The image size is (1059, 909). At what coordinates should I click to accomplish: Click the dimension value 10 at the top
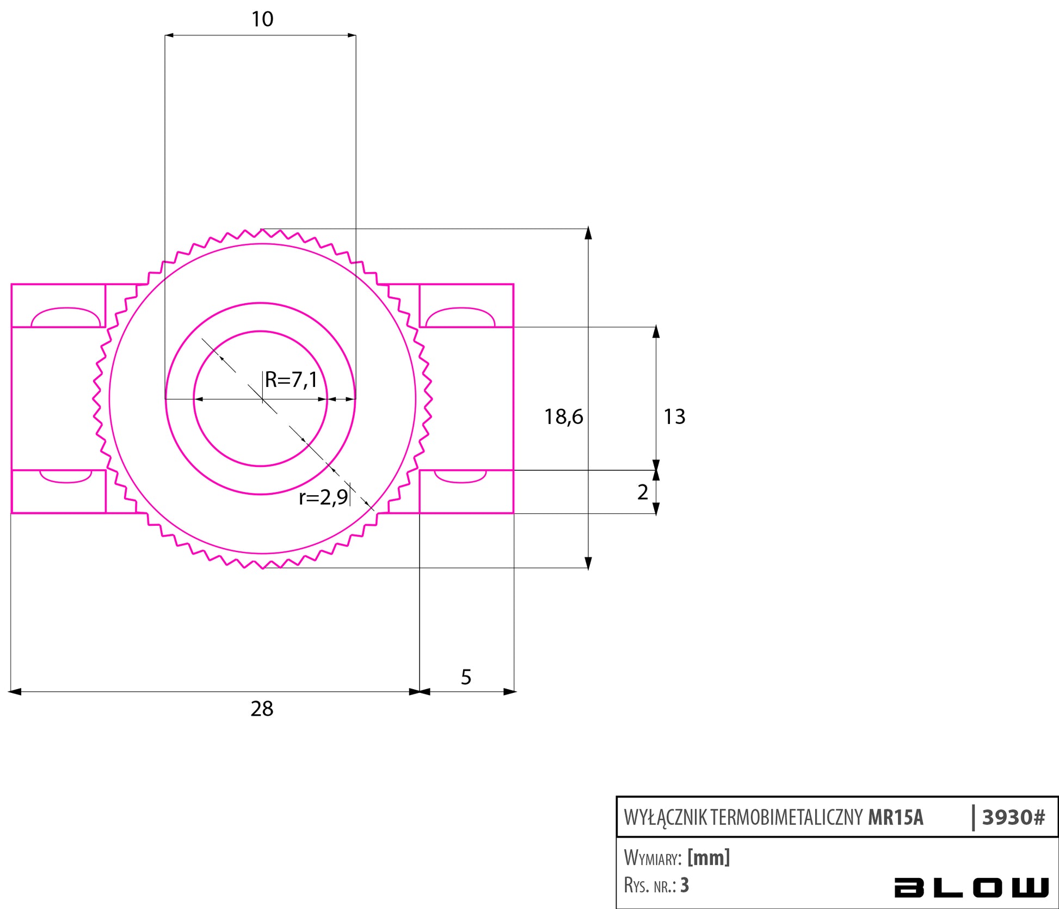coord(262,20)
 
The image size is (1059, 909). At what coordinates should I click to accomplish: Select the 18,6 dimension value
coord(563,417)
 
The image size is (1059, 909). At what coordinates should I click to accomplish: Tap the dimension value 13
coord(674,417)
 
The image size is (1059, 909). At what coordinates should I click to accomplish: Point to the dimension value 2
coord(643,492)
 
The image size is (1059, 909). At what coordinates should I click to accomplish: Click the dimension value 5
coord(466,677)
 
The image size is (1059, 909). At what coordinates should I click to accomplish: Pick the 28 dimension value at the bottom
coord(262,709)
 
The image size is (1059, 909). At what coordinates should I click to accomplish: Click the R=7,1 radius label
coord(291,379)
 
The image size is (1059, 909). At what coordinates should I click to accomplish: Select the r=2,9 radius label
coord(323,497)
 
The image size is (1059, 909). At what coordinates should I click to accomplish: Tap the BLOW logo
coord(971,887)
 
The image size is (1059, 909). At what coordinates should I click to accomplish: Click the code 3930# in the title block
coord(1013,817)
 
